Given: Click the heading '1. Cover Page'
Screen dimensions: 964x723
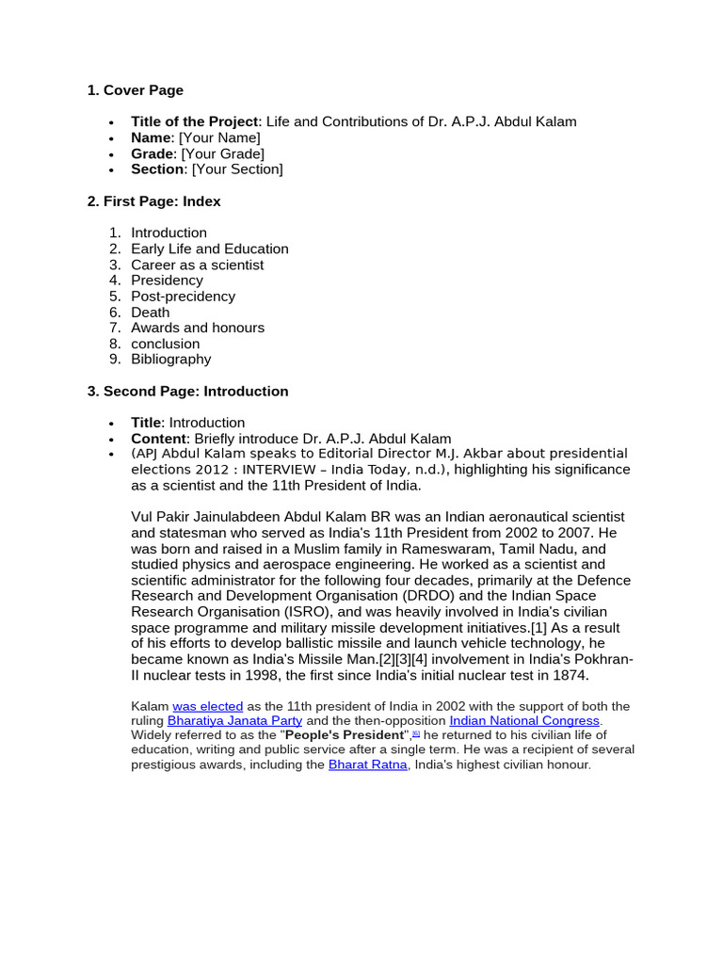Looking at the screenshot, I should coord(135,90).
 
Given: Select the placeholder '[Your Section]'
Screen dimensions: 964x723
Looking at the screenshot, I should coord(236,169).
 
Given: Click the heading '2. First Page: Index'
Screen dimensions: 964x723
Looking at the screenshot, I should coord(153,201).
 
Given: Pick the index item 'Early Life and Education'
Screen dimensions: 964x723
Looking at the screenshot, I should coord(210,249).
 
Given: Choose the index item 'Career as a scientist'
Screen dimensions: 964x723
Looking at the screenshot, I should coord(198,265).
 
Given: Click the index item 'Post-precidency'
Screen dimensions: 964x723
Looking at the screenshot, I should coord(184,296).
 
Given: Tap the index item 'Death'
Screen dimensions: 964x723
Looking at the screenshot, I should coord(151,312).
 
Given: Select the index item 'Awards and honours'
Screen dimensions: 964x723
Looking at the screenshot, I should coord(198,328).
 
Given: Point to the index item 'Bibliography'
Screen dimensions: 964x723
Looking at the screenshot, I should coord(171,359).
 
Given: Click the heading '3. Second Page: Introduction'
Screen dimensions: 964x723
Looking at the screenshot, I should coord(187,391).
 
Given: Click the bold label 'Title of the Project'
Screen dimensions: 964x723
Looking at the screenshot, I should coord(194,121).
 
